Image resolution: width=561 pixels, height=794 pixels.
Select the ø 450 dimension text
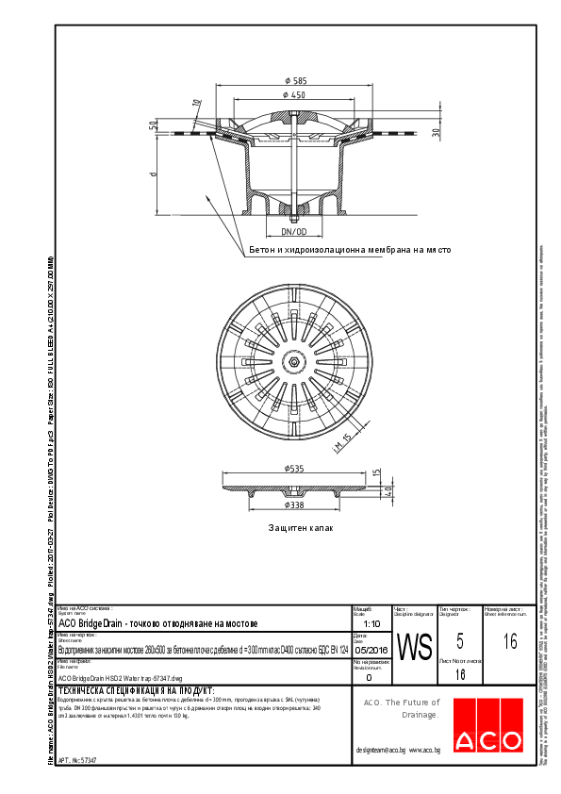[x=296, y=96]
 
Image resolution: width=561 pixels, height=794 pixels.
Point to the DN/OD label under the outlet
[x=294, y=231]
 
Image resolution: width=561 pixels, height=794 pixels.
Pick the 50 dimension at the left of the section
[x=153, y=125]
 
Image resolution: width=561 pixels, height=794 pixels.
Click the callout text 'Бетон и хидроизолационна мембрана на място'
[x=350, y=251]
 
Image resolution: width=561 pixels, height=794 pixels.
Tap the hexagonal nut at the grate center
[x=294, y=362]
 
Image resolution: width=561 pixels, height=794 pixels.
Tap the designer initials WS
[x=414, y=648]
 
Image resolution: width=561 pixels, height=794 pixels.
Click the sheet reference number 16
[x=510, y=642]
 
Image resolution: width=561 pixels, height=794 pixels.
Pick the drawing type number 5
[x=459, y=641]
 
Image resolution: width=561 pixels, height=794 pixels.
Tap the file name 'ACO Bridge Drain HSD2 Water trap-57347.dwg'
[x=120, y=677]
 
